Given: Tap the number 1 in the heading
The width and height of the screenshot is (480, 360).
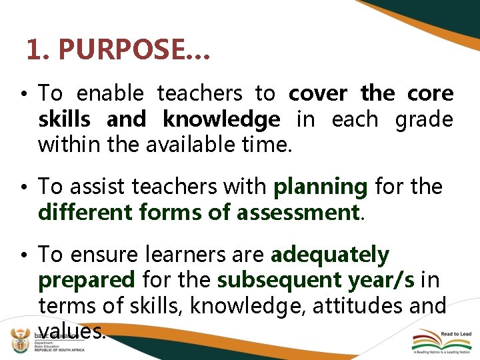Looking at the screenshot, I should point(33,49).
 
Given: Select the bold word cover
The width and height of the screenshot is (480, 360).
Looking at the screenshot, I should point(318,93).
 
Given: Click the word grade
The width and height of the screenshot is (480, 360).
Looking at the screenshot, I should point(424,119).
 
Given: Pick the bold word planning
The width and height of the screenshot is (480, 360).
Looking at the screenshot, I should point(320,187).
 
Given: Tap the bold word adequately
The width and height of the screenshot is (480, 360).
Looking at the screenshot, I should point(330,255).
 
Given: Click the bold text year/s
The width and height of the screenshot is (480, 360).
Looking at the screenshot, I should point(382,281).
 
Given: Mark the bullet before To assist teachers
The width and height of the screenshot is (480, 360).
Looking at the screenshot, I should point(23,187).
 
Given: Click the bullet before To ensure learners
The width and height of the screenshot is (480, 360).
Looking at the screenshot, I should point(23,255).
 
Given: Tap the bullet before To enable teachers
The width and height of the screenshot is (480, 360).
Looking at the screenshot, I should point(23,93).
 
